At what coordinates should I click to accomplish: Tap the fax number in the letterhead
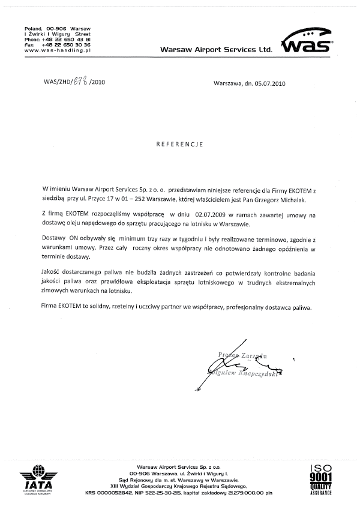pyautogui.click(x=66, y=45)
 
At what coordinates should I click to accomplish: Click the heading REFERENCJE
pyautogui.click(x=180, y=144)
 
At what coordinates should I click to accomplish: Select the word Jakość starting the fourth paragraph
pyautogui.click(x=53, y=273)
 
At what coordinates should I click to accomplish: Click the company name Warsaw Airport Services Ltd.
pyautogui.click(x=216, y=50)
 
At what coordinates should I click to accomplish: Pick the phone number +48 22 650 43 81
pyautogui.click(x=66, y=40)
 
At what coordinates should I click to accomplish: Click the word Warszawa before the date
pyautogui.click(x=226, y=84)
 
